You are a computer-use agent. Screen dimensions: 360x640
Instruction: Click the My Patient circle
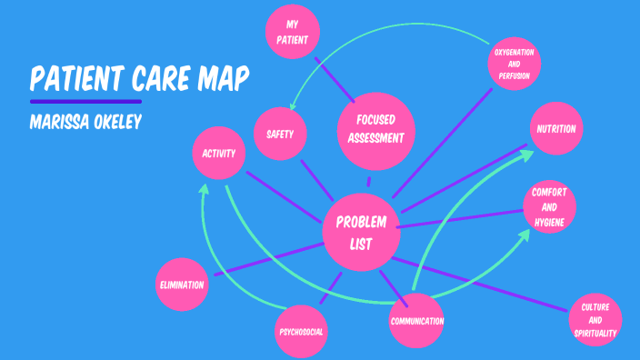tap(293, 33)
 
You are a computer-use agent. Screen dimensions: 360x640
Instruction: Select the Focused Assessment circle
tap(375, 129)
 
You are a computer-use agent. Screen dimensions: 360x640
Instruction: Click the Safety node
tap(280, 135)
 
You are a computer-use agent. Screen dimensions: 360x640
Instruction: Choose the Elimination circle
tap(181, 284)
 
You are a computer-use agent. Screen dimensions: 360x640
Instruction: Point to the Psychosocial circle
tap(301, 330)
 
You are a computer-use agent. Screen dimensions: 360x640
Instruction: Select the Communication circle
tap(416, 320)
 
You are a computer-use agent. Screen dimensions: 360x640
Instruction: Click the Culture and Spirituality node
tap(595, 320)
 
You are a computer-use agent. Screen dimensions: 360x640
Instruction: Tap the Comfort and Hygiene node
tap(550, 207)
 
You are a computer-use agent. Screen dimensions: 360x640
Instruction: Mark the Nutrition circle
tap(555, 129)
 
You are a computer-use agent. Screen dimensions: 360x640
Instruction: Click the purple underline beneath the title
tap(85, 101)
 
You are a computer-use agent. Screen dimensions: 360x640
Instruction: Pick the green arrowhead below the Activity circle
tap(205, 191)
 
